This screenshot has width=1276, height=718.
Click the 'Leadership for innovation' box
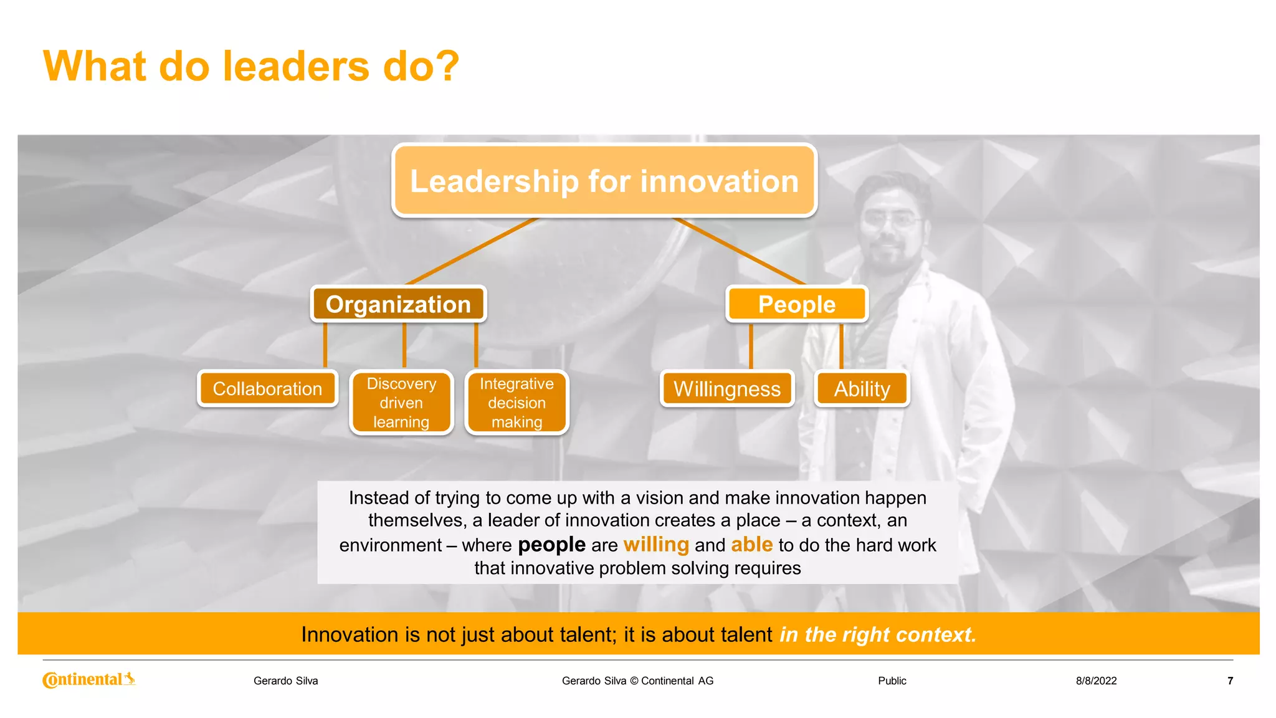click(x=604, y=181)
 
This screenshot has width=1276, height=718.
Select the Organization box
click(x=398, y=304)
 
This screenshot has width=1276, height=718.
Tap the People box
click(x=796, y=304)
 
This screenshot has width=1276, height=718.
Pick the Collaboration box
click(x=267, y=388)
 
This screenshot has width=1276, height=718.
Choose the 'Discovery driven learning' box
click(x=401, y=403)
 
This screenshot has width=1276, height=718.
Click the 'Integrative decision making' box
click(x=517, y=403)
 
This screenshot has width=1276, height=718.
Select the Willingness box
click(x=726, y=388)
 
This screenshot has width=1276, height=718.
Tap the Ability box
click(x=862, y=388)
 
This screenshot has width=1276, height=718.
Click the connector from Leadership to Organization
click(x=472, y=251)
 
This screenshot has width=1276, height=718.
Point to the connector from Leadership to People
click(x=740, y=251)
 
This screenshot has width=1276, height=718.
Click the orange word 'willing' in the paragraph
click(x=656, y=544)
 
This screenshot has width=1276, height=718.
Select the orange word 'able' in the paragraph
click(x=751, y=544)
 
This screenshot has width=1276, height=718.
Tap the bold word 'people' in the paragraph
click(x=551, y=544)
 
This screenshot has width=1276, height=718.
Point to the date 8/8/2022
click(x=1096, y=681)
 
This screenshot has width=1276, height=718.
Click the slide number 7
click(x=1230, y=681)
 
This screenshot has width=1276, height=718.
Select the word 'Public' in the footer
click(x=892, y=681)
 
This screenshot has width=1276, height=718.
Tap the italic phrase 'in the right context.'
click(x=877, y=634)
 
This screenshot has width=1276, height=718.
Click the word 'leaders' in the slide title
click(x=296, y=66)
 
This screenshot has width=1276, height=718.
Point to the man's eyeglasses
click(x=892, y=221)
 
